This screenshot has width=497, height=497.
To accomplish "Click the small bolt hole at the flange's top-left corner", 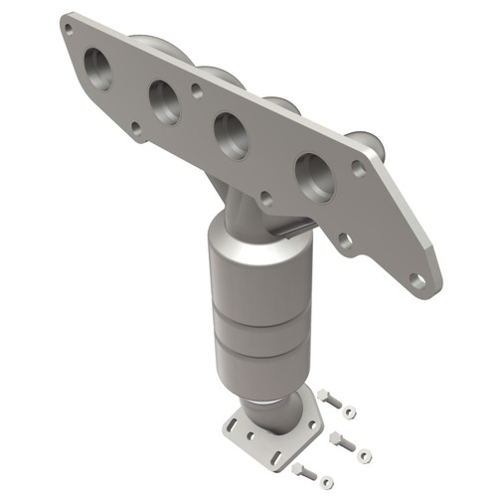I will pyautogui.click(x=68, y=29).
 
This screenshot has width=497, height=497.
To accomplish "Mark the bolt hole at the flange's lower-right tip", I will pyautogui.click(x=417, y=281).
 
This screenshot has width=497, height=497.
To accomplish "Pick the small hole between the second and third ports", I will pyautogui.click(x=198, y=90).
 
